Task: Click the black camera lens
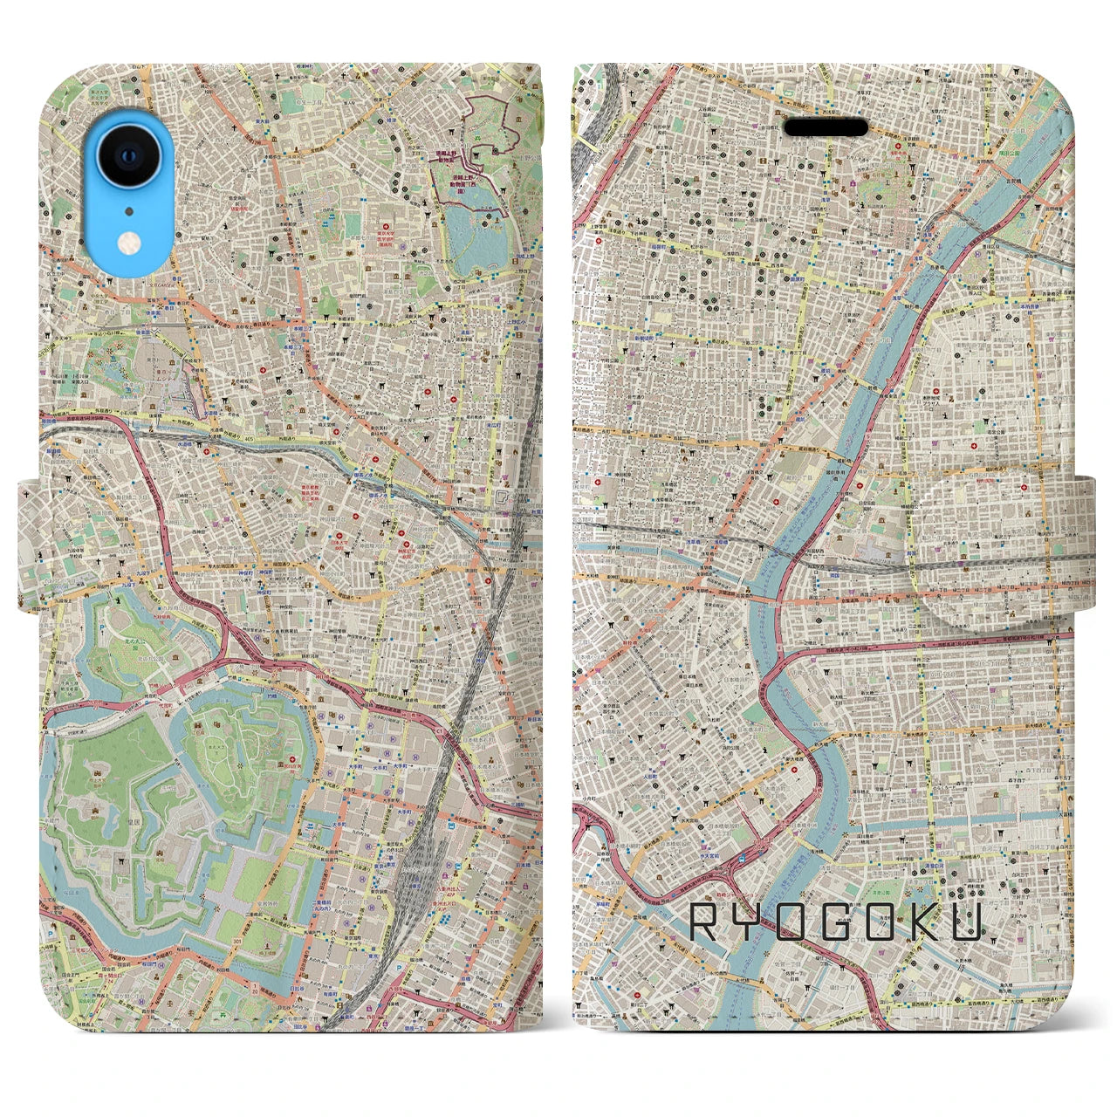pyautogui.click(x=130, y=155)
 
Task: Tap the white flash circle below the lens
pyautogui.click(x=130, y=242)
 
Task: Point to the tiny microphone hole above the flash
pyautogui.click(x=130, y=210)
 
